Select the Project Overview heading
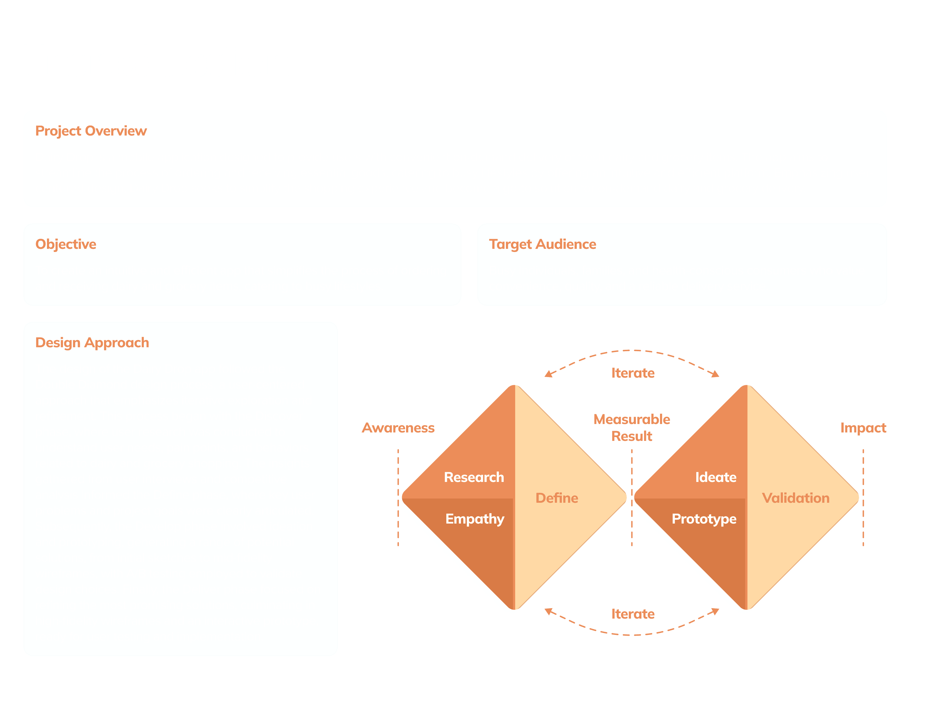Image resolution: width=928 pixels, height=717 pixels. (x=91, y=131)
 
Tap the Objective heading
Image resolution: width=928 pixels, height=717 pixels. (x=66, y=244)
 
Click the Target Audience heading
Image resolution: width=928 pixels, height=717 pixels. (x=542, y=244)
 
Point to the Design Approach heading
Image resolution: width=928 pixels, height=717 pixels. (x=92, y=343)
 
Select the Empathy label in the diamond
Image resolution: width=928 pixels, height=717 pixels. (x=475, y=519)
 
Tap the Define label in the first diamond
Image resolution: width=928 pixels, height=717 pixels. (x=557, y=498)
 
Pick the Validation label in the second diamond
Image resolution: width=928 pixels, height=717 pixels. (x=796, y=498)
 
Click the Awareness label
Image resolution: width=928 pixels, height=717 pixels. (x=398, y=428)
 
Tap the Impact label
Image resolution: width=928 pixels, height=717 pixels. (x=863, y=428)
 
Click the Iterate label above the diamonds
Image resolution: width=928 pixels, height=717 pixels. (x=633, y=373)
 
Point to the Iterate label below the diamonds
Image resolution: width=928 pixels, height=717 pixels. (x=633, y=614)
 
